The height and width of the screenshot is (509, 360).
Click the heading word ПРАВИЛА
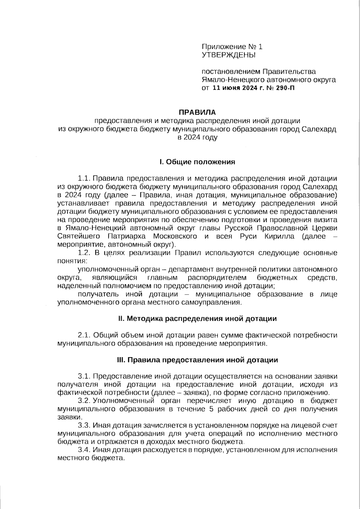pyautogui.click(x=197, y=112)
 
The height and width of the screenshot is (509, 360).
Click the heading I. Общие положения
pyautogui.click(x=197, y=162)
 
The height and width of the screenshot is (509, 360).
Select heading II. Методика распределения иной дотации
pyautogui.click(x=197, y=319)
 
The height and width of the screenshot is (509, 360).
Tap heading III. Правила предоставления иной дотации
pyautogui.click(x=197, y=360)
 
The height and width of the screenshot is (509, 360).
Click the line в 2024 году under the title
pyautogui.click(x=197, y=138)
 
